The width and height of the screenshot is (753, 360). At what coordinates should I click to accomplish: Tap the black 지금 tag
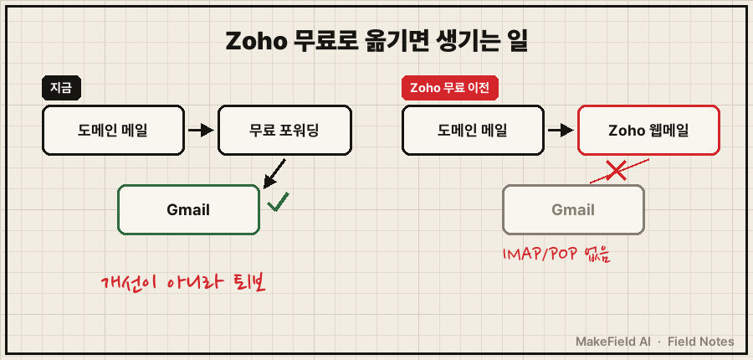coord(61,89)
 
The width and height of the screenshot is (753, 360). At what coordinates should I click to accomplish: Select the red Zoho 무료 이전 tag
coord(450,89)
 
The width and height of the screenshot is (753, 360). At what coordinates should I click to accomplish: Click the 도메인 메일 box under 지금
coord(113,131)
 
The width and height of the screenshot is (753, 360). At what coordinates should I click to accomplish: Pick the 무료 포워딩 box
coord(284,131)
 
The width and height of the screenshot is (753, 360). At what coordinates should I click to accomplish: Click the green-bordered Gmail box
coord(189,209)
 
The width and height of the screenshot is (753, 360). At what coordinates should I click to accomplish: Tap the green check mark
coord(278,202)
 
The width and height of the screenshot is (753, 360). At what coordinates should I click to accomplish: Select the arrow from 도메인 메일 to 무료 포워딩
coord(201,131)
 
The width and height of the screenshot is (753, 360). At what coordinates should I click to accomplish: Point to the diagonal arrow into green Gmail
coord(274,174)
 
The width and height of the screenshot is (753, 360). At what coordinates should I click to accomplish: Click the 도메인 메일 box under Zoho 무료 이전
coord(473,131)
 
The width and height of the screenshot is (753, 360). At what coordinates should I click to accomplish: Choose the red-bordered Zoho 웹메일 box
coord(648,131)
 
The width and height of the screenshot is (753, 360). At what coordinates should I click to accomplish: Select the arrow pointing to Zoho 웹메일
coord(561,131)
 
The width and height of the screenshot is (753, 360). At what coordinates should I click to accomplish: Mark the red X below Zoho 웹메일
coord(616,171)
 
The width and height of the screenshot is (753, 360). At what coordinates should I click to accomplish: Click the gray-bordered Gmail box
coord(573,209)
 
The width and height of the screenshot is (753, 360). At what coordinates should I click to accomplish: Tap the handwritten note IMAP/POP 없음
coord(556,255)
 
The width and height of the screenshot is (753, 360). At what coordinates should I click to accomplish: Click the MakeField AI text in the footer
coord(613,342)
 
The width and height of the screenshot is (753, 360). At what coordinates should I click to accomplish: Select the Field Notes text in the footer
coord(700,342)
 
